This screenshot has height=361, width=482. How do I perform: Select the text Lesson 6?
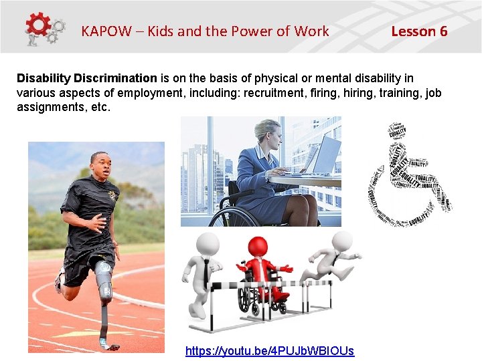(419, 31)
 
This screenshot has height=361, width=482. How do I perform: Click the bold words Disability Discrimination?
(87, 78)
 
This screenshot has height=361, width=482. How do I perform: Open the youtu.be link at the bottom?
(269, 350)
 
